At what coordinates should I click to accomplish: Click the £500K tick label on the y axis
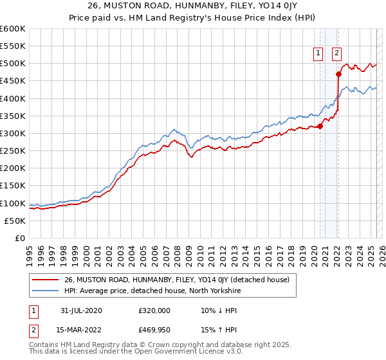(x=12, y=64)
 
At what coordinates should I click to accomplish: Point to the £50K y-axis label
(x=15, y=221)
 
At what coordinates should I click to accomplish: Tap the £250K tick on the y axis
(x=12, y=151)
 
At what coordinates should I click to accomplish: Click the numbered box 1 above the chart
(x=318, y=54)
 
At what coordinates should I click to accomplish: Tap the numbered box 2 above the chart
(x=336, y=54)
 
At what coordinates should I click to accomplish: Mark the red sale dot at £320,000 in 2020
(x=320, y=126)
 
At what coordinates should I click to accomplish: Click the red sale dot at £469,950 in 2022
(x=338, y=74)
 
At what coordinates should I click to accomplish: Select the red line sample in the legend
(x=46, y=280)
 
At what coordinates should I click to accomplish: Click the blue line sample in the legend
(x=46, y=291)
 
